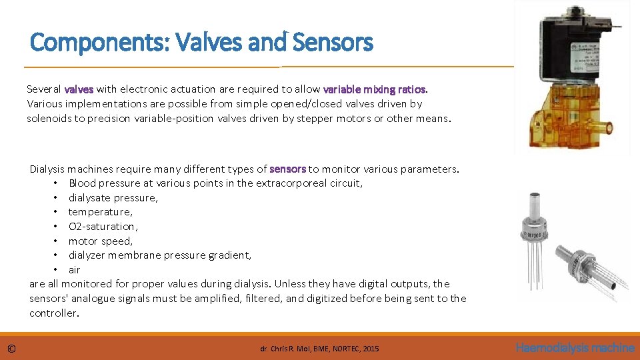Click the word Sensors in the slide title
click(333, 43)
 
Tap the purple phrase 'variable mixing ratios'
click(374, 89)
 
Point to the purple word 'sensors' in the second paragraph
click(287, 169)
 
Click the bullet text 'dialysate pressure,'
click(113, 197)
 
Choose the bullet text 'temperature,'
click(101, 212)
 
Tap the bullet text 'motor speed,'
click(101, 241)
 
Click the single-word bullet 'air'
click(74, 270)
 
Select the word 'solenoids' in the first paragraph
click(48, 118)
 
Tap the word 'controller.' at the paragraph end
click(54, 313)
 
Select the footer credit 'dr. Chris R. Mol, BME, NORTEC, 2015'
click(319, 348)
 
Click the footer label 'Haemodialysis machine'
click(575, 347)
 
